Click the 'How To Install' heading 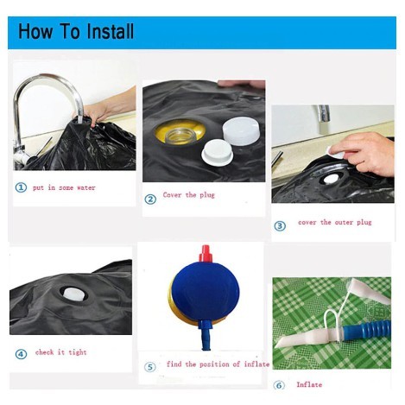(x=76, y=31)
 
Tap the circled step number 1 (x=21, y=187)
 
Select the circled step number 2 (x=150, y=199)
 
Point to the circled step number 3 (x=280, y=226)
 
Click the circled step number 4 (x=21, y=354)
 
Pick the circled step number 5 (x=150, y=367)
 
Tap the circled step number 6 (x=279, y=385)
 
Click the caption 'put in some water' (x=64, y=187)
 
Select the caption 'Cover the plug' (x=189, y=195)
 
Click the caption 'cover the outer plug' (x=335, y=222)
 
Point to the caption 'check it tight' (x=61, y=352)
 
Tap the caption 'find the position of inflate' (x=218, y=364)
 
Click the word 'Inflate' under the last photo (x=309, y=384)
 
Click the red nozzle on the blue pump (x=206, y=254)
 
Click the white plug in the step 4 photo (x=75, y=294)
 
